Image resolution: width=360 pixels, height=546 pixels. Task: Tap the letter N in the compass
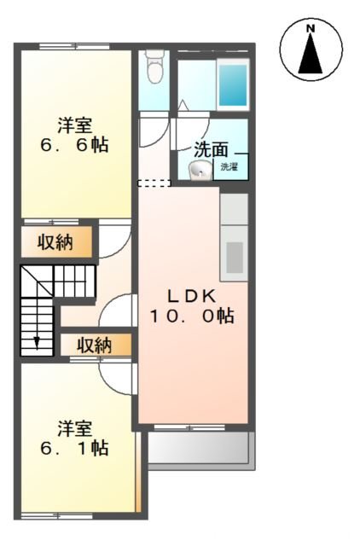(311, 29)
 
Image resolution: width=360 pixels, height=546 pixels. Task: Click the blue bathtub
(232, 83)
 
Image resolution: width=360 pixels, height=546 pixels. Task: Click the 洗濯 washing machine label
(229, 167)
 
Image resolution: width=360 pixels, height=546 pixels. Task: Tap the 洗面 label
(211, 148)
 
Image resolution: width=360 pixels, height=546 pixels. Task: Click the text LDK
(192, 296)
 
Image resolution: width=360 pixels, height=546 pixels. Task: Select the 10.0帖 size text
(192, 317)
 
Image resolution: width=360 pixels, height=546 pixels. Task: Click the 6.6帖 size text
(73, 145)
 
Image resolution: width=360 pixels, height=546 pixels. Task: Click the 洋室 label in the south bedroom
(75, 427)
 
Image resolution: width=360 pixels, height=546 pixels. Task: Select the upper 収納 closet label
(55, 242)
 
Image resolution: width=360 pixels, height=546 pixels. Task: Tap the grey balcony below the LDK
(200, 448)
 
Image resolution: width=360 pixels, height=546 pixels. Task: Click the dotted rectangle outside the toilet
(154, 182)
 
